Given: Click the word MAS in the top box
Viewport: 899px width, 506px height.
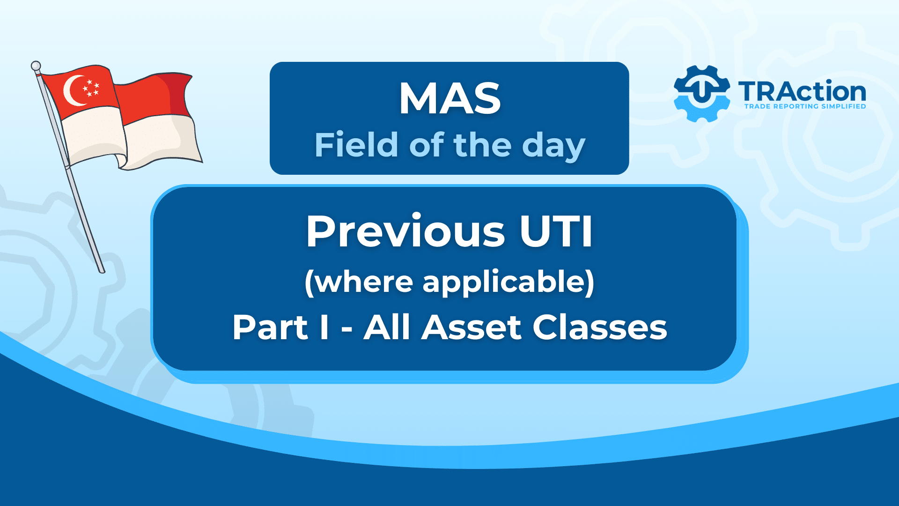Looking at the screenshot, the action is coord(449,98).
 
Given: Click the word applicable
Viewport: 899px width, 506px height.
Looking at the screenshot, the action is coord(508,283).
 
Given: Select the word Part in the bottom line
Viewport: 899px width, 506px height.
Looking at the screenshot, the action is coord(270,327).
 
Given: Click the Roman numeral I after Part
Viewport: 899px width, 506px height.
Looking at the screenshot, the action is coord(324,327).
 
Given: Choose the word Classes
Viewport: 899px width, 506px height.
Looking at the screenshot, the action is coord(600,327).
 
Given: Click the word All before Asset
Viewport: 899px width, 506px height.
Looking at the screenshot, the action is coord(388,327).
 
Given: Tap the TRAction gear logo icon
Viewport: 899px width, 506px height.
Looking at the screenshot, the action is coord(701,93).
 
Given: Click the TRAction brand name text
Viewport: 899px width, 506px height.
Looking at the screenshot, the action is coord(803,91).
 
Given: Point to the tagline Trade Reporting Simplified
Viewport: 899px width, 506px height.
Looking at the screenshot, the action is coord(805,106).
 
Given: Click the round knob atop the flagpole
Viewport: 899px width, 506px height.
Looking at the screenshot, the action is coord(36,66).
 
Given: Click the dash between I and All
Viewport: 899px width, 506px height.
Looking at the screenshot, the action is coord(346,330).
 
